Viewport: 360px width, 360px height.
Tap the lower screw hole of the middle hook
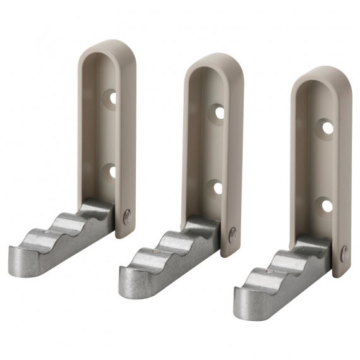pyautogui.click(x=218, y=188)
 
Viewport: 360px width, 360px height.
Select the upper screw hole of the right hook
pyautogui.click(x=327, y=128)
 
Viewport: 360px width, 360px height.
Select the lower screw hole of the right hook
pyautogui.click(x=327, y=205)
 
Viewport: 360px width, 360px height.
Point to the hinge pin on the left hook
pyautogui.click(x=127, y=217)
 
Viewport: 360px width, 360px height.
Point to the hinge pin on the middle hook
pyautogui.click(x=233, y=234)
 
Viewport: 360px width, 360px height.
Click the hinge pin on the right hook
pyautogui.click(x=344, y=253)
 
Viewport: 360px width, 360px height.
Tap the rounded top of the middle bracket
pyautogui.click(x=215, y=61)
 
